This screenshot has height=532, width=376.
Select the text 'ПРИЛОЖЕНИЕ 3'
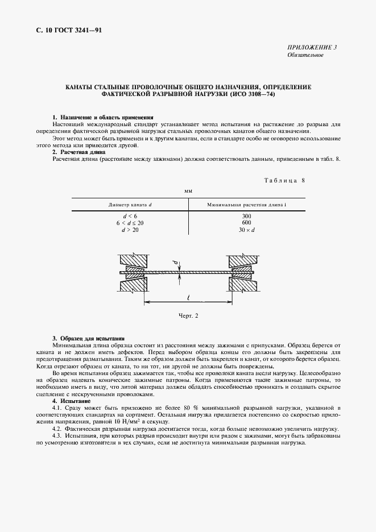(x=312, y=48)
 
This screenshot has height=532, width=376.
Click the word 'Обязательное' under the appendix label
(x=305, y=55)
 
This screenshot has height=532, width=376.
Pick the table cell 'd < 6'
(x=130, y=216)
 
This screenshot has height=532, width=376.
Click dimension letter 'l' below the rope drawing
(x=188, y=296)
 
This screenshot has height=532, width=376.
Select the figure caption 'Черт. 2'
(x=188, y=315)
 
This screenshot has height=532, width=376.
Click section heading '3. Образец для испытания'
(x=88, y=339)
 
